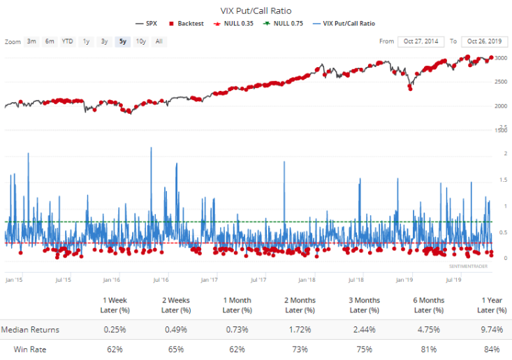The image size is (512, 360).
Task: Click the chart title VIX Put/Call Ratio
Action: [x=256, y=10]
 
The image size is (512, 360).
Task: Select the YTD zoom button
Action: [x=67, y=41]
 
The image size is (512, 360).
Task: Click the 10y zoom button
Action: [x=140, y=41]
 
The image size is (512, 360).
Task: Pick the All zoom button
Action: [x=159, y=41]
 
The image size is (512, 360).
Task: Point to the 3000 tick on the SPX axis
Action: [x=502, y=59]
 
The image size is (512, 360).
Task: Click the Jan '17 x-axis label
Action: [x=209, y=280]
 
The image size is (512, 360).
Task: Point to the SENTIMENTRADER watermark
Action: [x=469, y=266]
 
